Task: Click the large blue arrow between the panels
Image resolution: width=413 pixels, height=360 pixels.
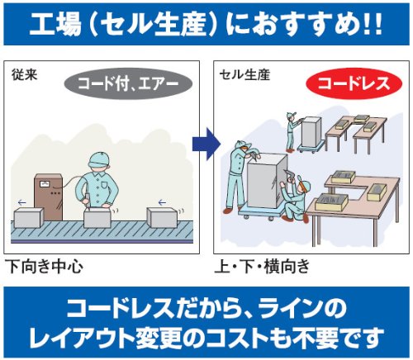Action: point(206,144)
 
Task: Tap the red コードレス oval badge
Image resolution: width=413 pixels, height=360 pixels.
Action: point(354,83)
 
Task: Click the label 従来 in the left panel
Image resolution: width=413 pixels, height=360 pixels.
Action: point(24,74)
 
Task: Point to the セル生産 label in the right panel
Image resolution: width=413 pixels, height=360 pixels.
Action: point(244,75)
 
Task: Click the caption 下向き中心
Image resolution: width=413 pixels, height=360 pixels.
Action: point(45,267)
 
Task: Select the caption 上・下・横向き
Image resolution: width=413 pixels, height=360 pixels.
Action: point(262,267)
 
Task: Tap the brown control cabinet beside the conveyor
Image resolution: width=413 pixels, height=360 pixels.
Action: point(49,197)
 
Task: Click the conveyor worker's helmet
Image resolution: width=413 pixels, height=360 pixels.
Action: point(99,159)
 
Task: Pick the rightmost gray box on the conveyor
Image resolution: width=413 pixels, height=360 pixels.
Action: point(162,217)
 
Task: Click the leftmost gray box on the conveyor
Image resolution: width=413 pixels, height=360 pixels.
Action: point(29,217)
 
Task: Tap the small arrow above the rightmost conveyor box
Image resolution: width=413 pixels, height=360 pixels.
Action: point(162,203)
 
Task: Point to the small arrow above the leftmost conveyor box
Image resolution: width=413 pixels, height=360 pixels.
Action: point(21,203)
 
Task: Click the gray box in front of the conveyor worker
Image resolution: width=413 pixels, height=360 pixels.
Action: point(97,217)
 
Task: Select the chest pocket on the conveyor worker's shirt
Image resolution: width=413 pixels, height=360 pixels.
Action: point(105,184)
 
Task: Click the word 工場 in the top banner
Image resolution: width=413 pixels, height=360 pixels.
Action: point(55,25)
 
